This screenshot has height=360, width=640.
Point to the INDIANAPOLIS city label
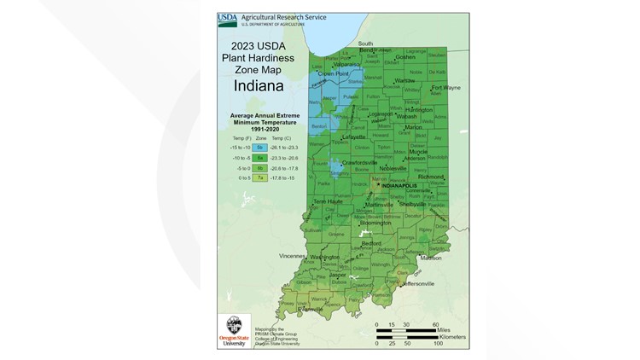point(404,183)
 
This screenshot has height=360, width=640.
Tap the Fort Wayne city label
point(445,87)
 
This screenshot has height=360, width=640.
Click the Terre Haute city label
point(330,201)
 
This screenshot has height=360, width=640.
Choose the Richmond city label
point(431,177)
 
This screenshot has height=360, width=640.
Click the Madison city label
point(431,257)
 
